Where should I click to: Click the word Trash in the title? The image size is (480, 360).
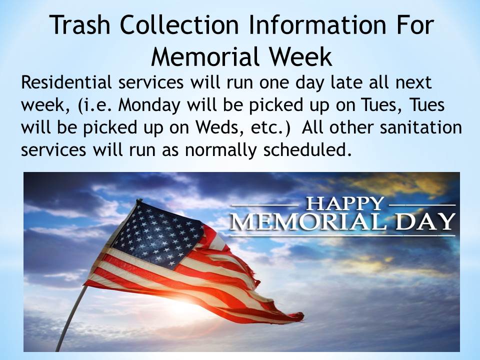(x=79, y=24)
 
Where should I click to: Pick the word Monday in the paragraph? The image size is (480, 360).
(x=149, y=105)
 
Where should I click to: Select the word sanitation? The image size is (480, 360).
(x=420, y=127)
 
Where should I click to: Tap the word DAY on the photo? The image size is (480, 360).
(x=425, y=221)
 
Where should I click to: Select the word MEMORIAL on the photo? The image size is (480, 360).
(x=308, y=221)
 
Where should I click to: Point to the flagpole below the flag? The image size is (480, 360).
(x=70, y=318)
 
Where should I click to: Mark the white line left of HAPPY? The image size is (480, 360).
(x=265, y=205)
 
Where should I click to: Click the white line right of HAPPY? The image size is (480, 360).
(x=422, y=205)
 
